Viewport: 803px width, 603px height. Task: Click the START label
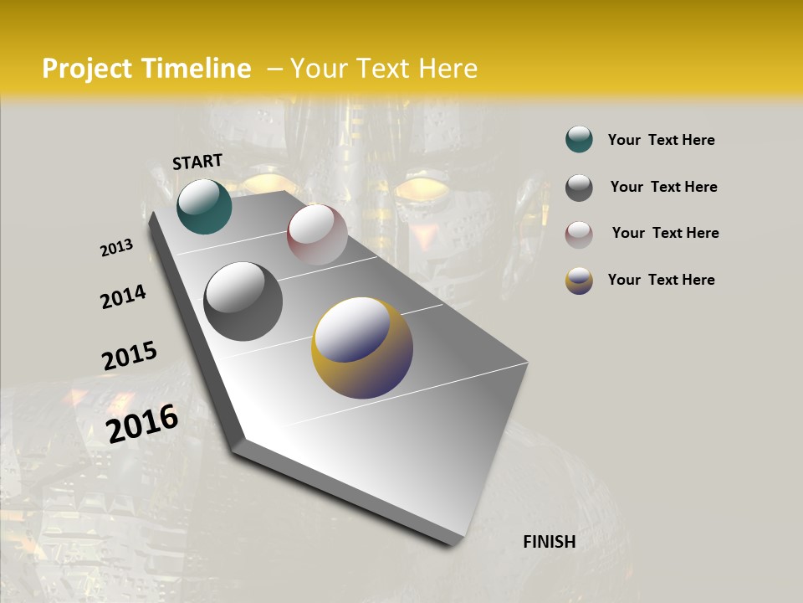pyautogui.click(x=197, y=162)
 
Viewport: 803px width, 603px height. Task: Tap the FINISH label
pyautogui.click(x=549, y=542)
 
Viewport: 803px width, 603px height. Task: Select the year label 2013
pyautogui.click(x=116, y=248)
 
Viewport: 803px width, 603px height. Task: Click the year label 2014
pyautogui.click(x=123, y=296)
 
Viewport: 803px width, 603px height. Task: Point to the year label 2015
pyautogui.click(x=130, y=356)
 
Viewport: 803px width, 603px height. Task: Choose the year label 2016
pyautogui.click(x=142, y=423)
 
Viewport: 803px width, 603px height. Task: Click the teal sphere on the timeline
pyautogui.click(x=204, y=206)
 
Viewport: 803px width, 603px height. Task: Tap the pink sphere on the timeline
pyautogui.click(x=317, y=234)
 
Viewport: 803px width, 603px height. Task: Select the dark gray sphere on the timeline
pyautogui.click(x=243, y=301)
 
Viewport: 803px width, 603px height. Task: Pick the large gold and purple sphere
pyautogui.click(x=362, y=348)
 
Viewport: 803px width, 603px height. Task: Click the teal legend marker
pyautogui.click(x=579, y=140)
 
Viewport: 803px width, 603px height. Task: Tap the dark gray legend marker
pyautogui.click(x=579, y=188)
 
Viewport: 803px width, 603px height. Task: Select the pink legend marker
pyautogui.click(x=579, y=234)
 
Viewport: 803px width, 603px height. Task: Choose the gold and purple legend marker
pyautogui.click(x=579, y=281)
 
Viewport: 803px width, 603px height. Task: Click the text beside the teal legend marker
pyautogui.click(x=661, y=141)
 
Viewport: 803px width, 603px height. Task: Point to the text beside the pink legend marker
pyautogui.click(x=665, y=233)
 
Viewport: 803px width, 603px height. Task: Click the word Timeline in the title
pyautogui.click(x=196, y=69)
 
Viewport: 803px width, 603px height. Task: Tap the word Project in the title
pyautogui.click(x=87, y=69)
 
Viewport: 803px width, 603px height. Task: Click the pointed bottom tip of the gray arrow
pyautogui.click(x=452, y=543)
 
